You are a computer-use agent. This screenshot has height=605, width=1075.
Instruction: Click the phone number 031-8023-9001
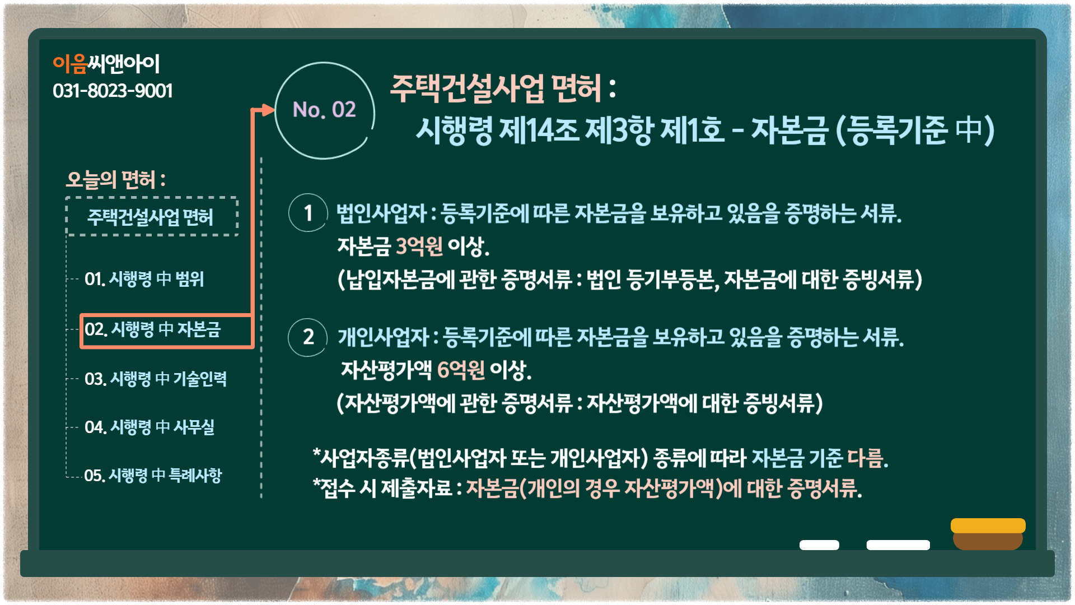113,91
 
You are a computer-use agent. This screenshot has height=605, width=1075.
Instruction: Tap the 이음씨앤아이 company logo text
106,64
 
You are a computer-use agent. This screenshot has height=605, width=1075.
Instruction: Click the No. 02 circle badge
325,110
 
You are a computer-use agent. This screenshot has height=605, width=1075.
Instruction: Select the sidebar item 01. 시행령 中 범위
144,278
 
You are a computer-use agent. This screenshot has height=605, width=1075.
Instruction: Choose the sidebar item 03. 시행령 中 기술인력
155,379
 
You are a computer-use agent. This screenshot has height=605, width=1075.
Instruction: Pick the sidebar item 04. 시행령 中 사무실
149,427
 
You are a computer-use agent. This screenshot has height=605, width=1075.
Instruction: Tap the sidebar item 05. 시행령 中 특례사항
153,475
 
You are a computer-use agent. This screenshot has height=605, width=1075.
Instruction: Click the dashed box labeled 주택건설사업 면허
152,216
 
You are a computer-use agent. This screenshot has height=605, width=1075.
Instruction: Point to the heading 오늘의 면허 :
116,180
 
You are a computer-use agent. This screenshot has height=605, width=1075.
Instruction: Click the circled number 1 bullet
308,213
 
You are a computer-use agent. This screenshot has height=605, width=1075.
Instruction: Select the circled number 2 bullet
308,337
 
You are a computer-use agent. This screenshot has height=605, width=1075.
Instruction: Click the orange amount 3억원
419,246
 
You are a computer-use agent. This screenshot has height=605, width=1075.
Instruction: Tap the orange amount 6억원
460,370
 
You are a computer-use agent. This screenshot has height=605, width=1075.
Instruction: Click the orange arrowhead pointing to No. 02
268,110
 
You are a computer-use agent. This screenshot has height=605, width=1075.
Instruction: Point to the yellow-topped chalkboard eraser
988,534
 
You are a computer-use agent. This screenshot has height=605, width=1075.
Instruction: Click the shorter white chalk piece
819,545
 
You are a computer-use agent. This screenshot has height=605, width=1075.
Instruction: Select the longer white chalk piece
898,545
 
